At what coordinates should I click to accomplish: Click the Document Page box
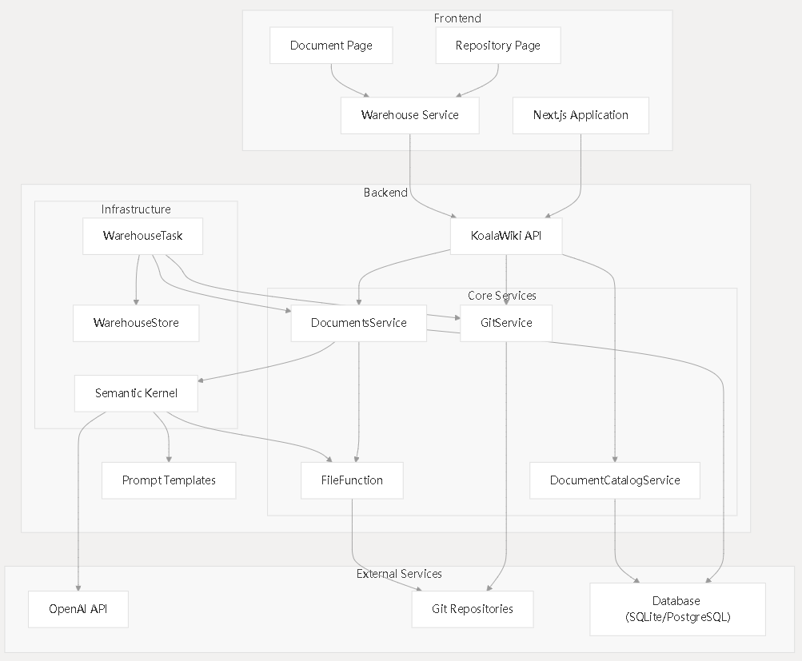point(331,46)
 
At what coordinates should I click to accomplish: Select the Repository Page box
point(498,46)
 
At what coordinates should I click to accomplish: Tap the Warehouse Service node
point(409,116)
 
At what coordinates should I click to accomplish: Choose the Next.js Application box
point(581,116)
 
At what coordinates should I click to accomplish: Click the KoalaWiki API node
point(506,236)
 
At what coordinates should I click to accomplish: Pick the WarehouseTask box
point(142,236)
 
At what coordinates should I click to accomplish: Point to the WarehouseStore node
point(136,323)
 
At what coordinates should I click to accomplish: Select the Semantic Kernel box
point(136,393)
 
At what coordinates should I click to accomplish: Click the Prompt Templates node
point(169,480)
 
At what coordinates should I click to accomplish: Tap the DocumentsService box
point(358,323)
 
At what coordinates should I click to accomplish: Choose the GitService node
point(506,323)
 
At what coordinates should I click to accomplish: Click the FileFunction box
point(352,480)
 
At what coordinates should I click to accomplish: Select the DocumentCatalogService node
point(615,480)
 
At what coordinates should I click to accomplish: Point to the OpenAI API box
point(78,609)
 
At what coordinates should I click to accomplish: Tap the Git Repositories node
point(472,609)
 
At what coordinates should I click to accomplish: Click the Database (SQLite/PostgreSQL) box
point(678,609)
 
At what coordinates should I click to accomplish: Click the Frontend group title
point(457,18)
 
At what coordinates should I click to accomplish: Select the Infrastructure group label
point(136,209)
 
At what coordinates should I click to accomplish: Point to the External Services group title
point(399,574)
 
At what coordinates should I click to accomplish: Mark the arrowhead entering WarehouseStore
point(136,302)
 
